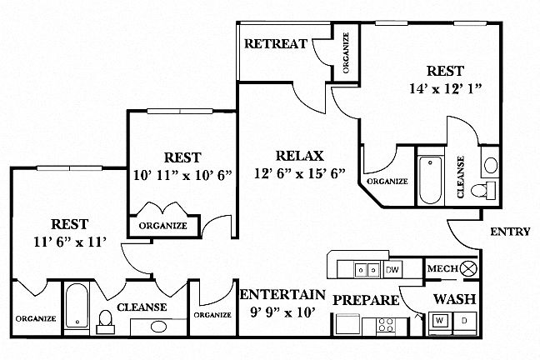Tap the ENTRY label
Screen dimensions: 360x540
pyautogui.click(x=510, y=232)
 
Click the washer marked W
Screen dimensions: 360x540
pyautogui.click(x=439, y=320)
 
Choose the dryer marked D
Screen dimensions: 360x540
pyautogui.click(x=465, y=320)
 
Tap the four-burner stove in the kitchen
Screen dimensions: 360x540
pyautogui.click(x=387, y=324)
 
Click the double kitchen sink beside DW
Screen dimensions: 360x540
pyautogui.click(x=363, y=270)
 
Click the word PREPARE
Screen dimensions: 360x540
pyautogui.click(x=364, y=298)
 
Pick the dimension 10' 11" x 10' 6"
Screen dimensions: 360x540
pyautogui.click(x=181, y=175)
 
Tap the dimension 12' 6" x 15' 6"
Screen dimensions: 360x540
pyautogui.click(x=300, y=174)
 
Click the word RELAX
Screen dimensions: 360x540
pyautogui.click(x=300, y=156)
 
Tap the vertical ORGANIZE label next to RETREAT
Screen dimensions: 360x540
pyautogui.click(x=346, y=54)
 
